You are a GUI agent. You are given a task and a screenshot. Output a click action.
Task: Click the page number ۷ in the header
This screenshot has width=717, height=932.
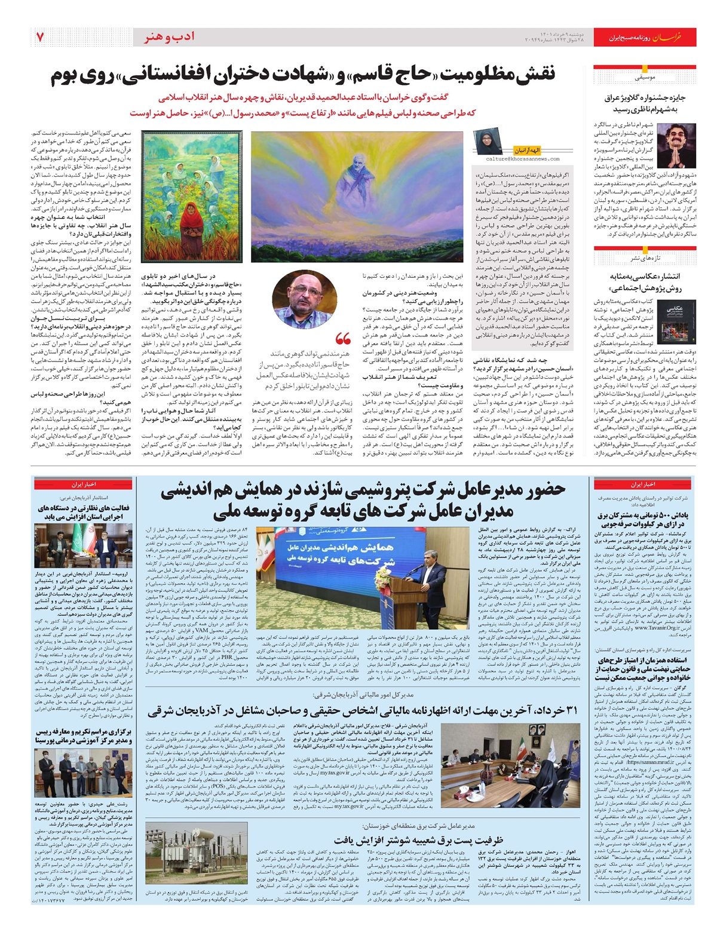click(x=39, y=37)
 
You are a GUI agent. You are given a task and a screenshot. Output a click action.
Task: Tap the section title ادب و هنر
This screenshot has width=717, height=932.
click(x=170, y=38)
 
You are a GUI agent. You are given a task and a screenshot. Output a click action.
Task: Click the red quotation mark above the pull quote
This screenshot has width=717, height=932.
click(x=343, y=339)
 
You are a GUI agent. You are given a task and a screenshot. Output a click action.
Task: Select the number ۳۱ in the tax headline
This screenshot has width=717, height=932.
click(x=570, y=710)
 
